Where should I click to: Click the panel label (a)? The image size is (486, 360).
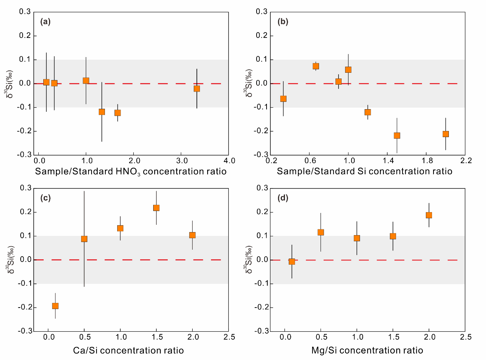pyautogui.click(x=45, y=22)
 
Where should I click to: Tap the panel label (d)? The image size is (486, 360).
pyautogui.click(x=283, y=198)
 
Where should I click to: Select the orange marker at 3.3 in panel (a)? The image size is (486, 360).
pyautogui.click(x=197, y=88)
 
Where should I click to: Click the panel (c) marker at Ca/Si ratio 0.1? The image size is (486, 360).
pyautogui.click(x=55, y=306)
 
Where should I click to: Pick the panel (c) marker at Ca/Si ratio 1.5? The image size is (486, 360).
pyautogui.click(x=156, y=208)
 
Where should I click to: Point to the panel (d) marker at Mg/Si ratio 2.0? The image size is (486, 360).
pyautogui.click(x=429, y=215)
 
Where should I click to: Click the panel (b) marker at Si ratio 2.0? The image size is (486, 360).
pyautogui.click(x=445, y=134)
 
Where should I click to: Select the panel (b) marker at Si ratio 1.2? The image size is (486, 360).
pyautogui.click(x=368, y=112)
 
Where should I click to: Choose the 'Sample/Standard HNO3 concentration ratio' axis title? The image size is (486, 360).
pyautogui.click(x=131, y=172)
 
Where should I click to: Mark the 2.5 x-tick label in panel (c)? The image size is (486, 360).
pyautogui.click(x=229, y=336)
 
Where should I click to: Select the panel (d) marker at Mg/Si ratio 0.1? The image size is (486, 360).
pyautogui.click(x=292, y=262)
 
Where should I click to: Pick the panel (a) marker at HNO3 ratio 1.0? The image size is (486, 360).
pyautogui.click(x=86, y=80)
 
